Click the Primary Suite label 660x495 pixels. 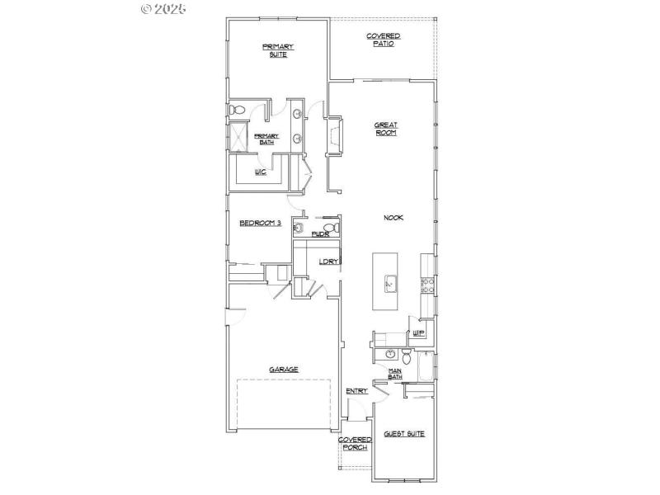pos(278,49)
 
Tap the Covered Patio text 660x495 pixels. pos(384,40)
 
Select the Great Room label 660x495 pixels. pos(386,129)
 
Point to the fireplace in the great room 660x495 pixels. pos(334,135)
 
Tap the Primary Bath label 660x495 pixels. pos(266,139)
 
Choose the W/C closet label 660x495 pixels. pos(260,172)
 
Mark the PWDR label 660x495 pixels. pos(320,235)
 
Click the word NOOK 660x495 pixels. pos(393,218)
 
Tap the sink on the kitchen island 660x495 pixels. pos(389,284)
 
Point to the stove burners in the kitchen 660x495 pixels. pos(427,285)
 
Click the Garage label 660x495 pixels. pos(283,369)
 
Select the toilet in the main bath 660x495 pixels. pos(405,356)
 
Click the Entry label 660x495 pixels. pos(356,391)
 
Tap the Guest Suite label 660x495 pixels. pos(404,433)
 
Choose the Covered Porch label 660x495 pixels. pos(356,444)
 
